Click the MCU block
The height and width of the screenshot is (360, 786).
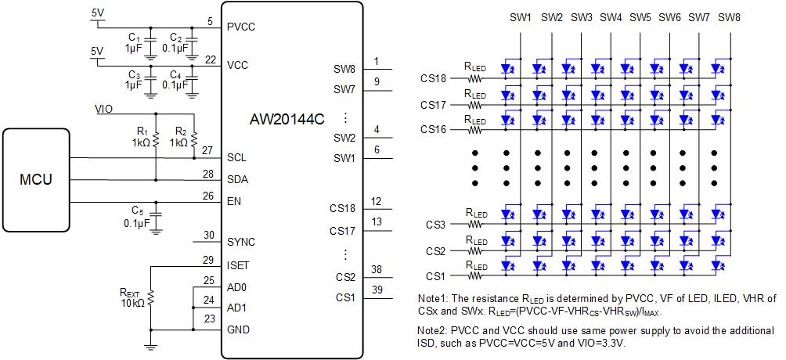click(x=36, y=180)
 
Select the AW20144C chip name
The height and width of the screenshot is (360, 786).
click(x=287, y=124)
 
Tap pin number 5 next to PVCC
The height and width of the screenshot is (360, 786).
click(x=210, y=20)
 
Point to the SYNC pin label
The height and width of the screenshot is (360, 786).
click(x=241, y=242)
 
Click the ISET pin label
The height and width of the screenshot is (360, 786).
click(x=239, y=266)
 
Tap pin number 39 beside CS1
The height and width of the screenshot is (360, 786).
click(x=377, y=290)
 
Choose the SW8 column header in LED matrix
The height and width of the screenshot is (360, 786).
click(x=729, y=17)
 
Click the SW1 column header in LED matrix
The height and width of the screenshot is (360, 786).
click(x=521, y=17)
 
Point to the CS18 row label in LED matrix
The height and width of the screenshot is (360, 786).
click(x=433, y=79)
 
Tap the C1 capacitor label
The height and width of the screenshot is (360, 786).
click(x=134, y=38)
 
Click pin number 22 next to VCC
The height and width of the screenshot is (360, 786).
click(x=210, y=59)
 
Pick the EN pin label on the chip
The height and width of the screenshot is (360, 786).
click(x=234, y=202)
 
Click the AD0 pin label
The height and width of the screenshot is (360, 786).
click(x=238, y=287)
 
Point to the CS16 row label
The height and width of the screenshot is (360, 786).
click(x=433, y=129)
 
